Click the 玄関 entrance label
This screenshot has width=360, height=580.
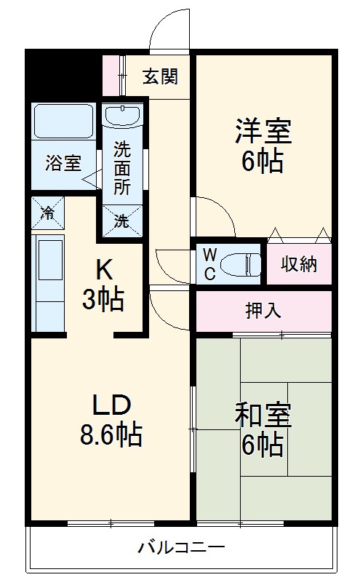[160, 76]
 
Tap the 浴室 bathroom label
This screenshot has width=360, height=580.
[63, 163]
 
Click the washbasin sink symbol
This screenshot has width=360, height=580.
[121, 116]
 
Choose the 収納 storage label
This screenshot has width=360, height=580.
[300, 263]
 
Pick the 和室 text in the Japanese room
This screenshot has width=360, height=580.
[263, 416]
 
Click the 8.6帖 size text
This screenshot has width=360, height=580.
[111, 435]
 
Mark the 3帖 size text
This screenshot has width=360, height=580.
[103, 300]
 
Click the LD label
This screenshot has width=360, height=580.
[111, 404]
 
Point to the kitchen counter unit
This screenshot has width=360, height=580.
[48, 281]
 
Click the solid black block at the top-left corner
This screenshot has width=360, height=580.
[63, 73]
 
